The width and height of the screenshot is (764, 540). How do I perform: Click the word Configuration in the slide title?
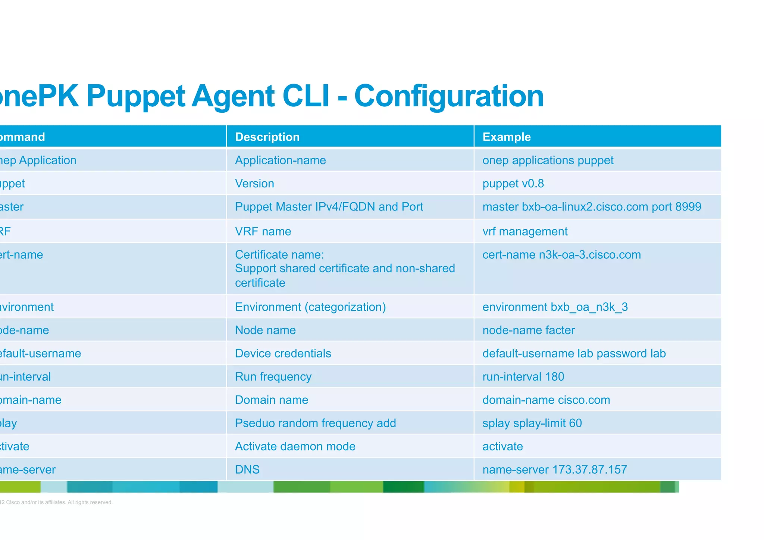tap(448, 96)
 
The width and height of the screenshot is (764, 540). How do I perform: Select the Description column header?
tap(267, 137)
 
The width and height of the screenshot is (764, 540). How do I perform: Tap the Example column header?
tap(506, 137)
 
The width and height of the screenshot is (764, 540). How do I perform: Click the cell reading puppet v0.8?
tap(513, 184)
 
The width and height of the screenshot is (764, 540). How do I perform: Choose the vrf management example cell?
tap(525, 231)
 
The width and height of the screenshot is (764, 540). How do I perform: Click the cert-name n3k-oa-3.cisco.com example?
tap(561, 255)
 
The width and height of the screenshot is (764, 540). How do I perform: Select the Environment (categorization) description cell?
tap(310, 307)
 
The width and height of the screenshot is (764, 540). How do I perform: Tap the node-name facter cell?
tap(528, 330)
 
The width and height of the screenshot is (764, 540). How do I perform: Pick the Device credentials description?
tap(283, 353)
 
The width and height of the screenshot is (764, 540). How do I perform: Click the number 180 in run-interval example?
tap(554, 377)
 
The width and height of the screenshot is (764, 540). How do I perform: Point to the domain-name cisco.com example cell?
tap(546, 400)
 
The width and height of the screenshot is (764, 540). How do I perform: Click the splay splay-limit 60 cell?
tap(532, 423)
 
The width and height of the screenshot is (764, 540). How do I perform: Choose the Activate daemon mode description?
tap(295, 446)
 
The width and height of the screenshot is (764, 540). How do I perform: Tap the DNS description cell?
tap(247, 469)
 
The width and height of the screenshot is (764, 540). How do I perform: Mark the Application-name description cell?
tap(280, 160)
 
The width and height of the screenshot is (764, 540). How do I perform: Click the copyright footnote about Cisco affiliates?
tap(56, 502)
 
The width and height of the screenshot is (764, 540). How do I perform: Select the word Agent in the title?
tap(234, 96)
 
